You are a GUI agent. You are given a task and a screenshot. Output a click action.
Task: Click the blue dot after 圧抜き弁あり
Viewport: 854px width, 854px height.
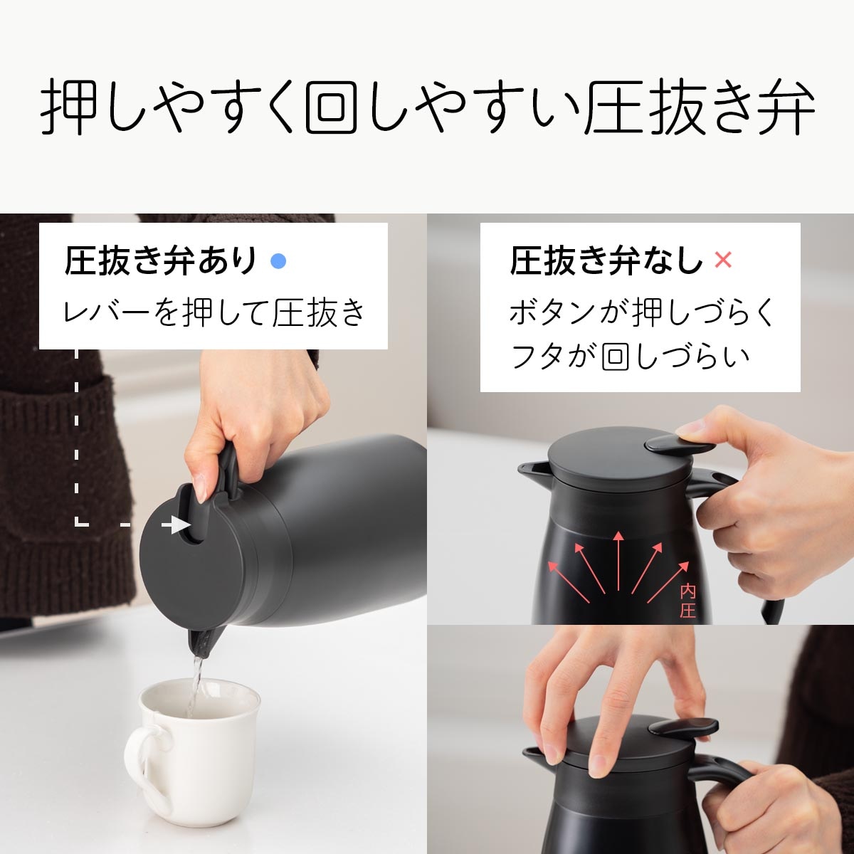pyautogui.click(x=279, y=262)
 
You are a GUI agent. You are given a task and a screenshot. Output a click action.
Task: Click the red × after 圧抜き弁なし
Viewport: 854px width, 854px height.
pyautogui.click(x=722, y=260)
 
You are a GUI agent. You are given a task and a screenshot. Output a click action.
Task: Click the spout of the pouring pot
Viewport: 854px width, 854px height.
pyautogui.click(x=202, y=640)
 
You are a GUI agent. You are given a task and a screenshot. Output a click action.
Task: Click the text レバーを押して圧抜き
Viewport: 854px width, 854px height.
pyautogui.click(x=213, y=313)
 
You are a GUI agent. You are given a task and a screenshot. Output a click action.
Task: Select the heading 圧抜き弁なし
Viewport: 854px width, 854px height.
pyautogui.click(x=605, y=261)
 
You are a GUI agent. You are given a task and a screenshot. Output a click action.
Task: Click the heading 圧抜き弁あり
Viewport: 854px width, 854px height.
pyautogui.click(x=160, y=261)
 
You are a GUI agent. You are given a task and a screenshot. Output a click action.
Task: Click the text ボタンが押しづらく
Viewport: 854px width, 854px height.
pyautogui.click(x=640, y=313)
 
